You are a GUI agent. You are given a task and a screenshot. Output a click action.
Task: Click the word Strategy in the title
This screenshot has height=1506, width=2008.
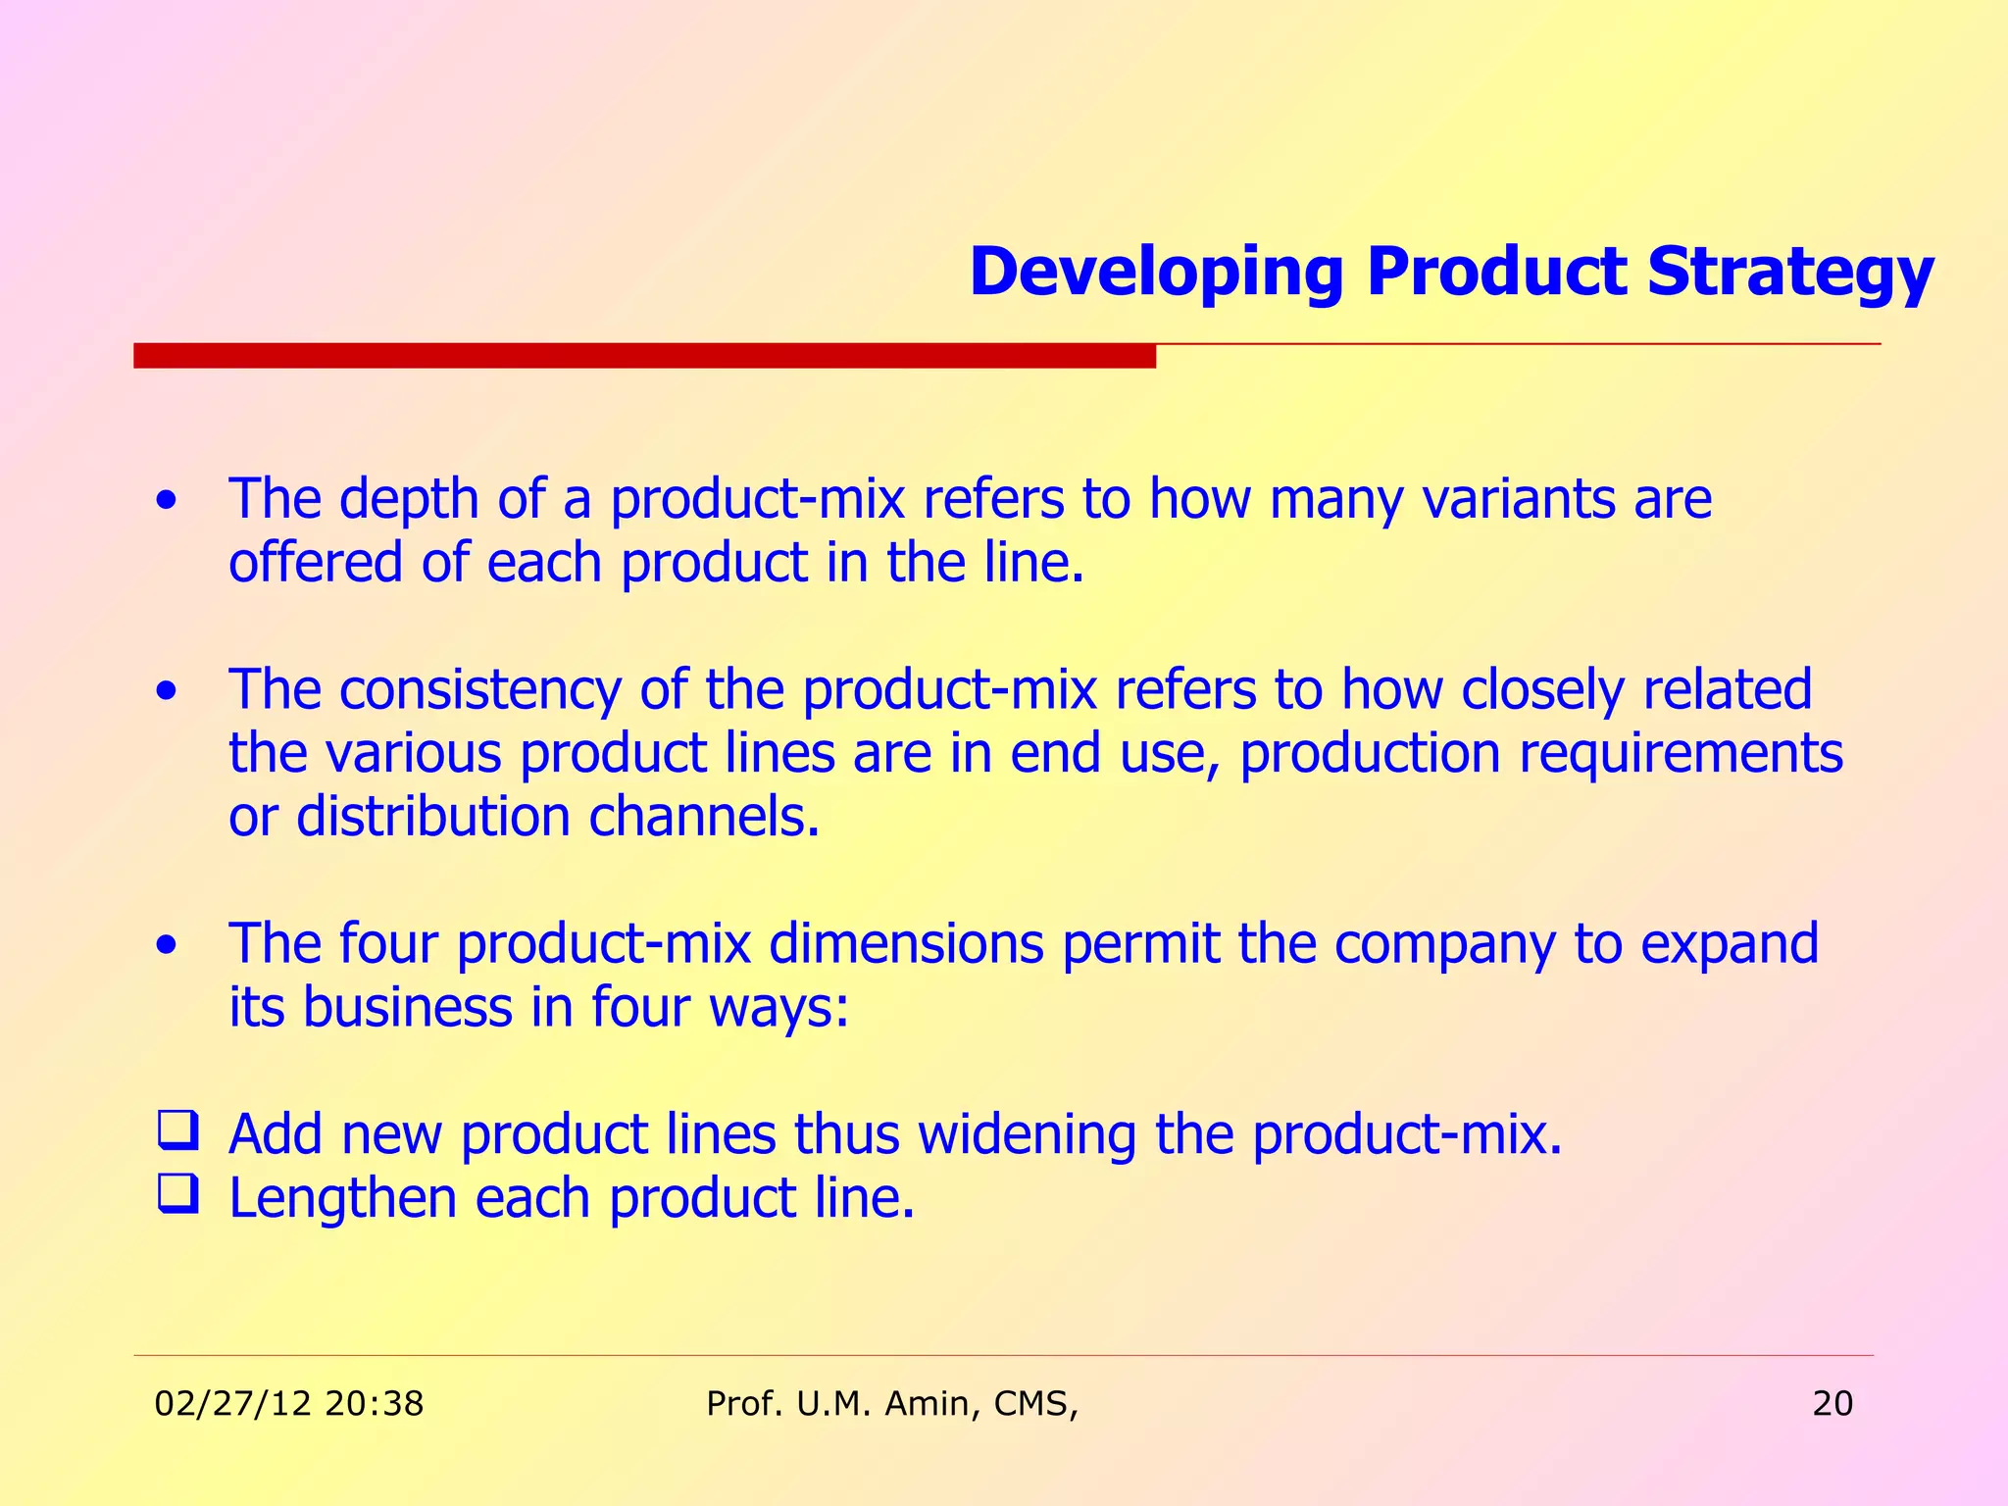click(1789, 273)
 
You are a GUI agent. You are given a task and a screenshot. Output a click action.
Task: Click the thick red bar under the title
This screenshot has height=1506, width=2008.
click(644, 356)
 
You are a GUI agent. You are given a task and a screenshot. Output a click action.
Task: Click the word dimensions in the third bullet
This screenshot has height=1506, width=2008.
click(906, 944)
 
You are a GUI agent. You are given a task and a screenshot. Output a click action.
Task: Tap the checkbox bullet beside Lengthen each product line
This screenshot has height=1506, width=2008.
click(178, 1194)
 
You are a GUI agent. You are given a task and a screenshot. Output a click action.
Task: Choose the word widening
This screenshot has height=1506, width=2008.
click(1027, 1134)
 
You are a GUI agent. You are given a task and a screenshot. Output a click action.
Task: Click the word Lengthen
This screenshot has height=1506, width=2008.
click(342, 1198)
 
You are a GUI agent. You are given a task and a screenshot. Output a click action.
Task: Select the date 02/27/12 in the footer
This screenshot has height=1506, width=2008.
click(233, 1404)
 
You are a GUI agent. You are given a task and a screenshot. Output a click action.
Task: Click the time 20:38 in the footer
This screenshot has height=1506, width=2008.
click(374, 1404)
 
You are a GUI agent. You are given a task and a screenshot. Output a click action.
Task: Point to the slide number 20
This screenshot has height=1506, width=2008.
click(1832, 1404)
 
